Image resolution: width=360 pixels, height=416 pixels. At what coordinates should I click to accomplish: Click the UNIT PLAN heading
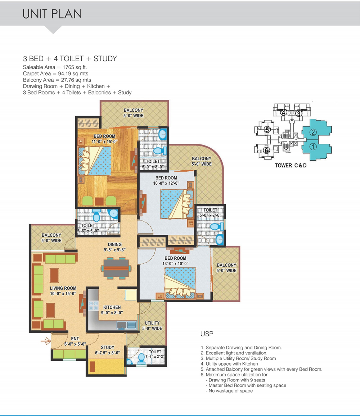[52, 14]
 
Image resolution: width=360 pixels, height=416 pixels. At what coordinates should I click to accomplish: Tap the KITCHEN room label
[112, 307]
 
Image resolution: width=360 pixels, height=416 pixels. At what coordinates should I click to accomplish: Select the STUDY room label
[108, 347]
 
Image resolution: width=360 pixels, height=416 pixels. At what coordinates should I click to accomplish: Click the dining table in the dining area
[116, 268]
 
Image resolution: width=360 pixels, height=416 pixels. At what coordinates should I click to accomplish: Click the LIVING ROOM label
[63, 288]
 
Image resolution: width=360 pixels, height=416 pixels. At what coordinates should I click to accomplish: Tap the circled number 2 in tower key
[313, 132]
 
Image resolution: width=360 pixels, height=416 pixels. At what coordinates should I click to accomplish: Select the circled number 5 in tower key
[267, 129]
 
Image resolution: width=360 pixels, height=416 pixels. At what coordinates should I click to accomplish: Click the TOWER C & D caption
[291, 165]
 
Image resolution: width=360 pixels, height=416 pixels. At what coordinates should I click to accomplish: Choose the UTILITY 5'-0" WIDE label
[152, 326]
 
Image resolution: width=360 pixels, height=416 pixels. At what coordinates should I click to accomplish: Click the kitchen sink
[127, 325]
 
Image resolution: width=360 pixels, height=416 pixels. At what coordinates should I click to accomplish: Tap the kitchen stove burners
[93, 306]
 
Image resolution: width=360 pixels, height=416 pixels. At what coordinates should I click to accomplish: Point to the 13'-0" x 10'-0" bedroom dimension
[175, 263]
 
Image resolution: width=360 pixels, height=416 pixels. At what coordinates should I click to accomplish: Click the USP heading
[207, 334]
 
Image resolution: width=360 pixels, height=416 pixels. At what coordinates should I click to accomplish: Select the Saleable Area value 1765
[68, 67]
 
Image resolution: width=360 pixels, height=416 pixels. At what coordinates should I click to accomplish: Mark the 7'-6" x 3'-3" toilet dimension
[155, 357]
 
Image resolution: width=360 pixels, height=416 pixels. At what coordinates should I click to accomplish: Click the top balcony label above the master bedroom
[133, 113]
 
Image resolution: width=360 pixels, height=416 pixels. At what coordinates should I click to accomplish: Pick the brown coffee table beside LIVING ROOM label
[54, 275]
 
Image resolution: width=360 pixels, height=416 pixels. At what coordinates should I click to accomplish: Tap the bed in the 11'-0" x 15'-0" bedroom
[95, 161]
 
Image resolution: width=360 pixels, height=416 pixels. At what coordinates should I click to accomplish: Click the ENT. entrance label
[75, 339]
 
